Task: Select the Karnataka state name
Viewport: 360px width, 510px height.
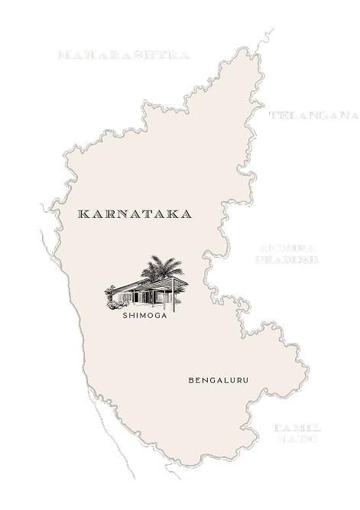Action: (135, 215)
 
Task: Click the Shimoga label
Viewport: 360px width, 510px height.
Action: (144, 313)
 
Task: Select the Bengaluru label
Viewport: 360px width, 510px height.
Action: (219, 380)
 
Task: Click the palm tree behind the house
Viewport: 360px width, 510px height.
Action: (164, 268)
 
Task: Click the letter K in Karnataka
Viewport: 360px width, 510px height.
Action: (83, 215)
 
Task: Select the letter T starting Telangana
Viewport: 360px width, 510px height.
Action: (273, 115)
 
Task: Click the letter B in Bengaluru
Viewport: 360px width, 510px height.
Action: (190, 380)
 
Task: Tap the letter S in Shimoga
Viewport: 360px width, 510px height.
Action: (125, 313)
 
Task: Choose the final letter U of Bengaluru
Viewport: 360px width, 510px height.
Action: (246, 380)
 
